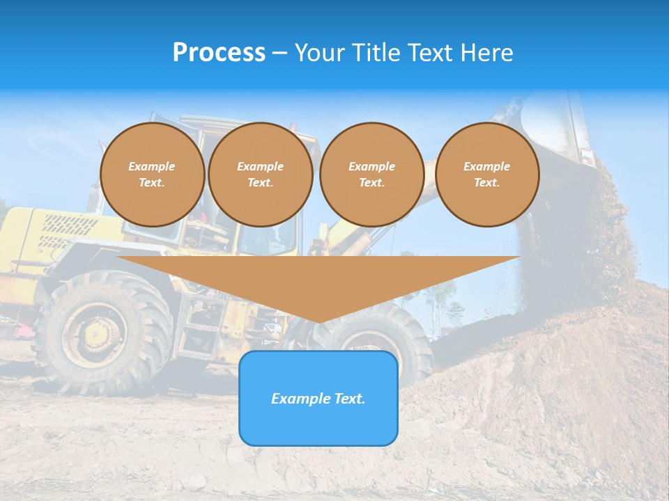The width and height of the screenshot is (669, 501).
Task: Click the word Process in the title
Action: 219,53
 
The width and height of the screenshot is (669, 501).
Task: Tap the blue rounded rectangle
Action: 318,424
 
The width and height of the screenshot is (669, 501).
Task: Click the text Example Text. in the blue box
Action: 318,399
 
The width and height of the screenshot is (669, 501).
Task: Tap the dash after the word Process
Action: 279,53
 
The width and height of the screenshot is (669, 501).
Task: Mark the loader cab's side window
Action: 268,237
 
